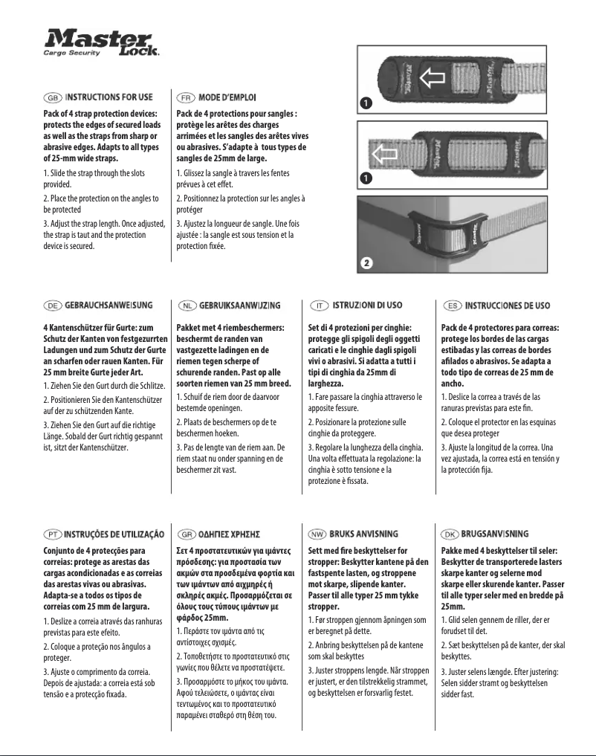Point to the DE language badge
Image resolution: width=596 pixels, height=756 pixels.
[x=52, y=305]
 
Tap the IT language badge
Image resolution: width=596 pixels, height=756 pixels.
[x=317, y=305]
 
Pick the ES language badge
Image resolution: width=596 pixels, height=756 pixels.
[x=451, y=305]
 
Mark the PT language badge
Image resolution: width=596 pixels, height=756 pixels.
[x=52, y=534]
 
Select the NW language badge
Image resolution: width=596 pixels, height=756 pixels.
[x=317, y=534]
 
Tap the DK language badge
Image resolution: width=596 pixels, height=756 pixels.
[x=450, y=534]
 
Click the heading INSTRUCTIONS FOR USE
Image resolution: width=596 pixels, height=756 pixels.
[x=108, y=97]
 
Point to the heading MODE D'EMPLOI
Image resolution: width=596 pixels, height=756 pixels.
[x=227, y=97]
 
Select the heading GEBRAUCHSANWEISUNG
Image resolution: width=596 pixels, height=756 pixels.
[x=108, y=305]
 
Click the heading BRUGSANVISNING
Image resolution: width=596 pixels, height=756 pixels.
[x=495, y=534]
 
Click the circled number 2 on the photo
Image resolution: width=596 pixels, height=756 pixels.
[x=366, y=262]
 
